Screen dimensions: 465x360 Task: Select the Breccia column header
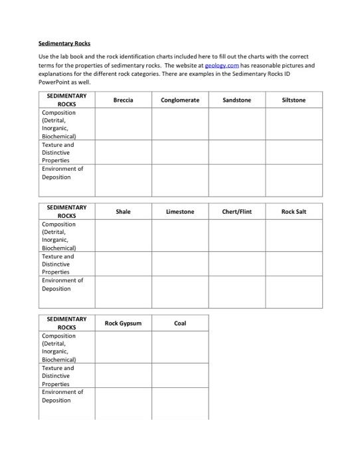coord(123,100)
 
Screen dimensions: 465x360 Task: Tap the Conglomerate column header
coord(180,100)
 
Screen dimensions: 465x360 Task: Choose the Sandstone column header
coord(237,100)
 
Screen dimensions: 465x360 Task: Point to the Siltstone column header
coord(294,100)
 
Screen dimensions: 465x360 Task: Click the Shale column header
coord(123,211)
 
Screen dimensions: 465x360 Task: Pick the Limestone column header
coord(180,211)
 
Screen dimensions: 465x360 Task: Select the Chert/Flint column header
coord(237,211)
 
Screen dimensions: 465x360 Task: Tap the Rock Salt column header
coord(294,211)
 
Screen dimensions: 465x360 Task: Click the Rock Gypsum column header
coord(123,323)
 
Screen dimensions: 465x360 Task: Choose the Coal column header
coord(180,323)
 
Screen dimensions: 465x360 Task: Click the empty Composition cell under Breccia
coord(123,124)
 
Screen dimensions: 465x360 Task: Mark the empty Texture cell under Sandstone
coord(237,152)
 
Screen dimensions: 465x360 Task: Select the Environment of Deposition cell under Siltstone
coord(294,179)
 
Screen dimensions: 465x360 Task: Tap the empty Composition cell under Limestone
coord(180,236)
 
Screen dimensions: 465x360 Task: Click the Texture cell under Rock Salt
coord(294,264)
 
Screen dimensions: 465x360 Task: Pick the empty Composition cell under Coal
coord(180,347)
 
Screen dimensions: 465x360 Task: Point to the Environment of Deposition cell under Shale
coord(123,292)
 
